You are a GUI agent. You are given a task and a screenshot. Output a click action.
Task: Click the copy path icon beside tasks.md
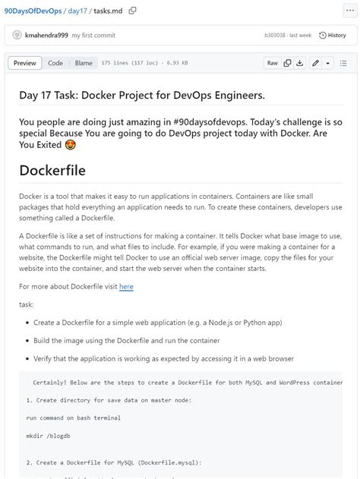point(133,10)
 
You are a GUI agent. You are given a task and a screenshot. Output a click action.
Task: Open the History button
point(332,35)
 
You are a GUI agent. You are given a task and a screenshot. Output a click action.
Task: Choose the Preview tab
point(24,63)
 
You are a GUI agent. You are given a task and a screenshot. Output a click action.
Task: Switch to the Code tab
point(55,63)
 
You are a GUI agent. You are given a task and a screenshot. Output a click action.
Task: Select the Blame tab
point(84,63)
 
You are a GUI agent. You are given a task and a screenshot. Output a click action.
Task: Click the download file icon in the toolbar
point(300,63)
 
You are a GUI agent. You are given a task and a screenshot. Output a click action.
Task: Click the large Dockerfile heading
point(52,169)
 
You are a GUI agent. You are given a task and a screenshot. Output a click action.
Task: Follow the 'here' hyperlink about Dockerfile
point(126,286)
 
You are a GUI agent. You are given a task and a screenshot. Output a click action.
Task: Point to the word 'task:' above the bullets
point(27,304)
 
